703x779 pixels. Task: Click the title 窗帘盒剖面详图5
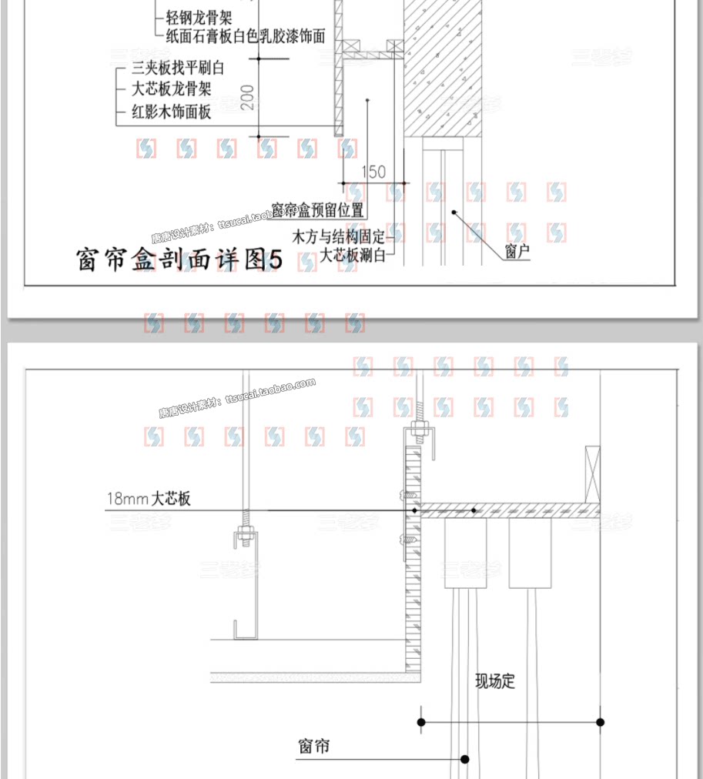coord(180,260)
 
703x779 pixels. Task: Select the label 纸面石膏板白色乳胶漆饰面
coord(246,35)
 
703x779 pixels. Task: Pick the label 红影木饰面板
coord(171,112)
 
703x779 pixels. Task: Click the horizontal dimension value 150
coord(373,172)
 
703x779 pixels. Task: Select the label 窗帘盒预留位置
coord(318,210)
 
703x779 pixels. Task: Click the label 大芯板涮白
coord(352,255)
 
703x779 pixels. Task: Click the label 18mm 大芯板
coord(149,499)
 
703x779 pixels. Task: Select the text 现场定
coord(494,680)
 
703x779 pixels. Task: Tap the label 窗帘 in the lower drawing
coord(314,746)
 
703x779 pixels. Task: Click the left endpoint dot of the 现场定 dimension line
coord(421,722)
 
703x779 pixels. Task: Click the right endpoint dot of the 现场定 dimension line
coord(601,722)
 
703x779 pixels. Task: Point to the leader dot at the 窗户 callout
coord(454,211)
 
